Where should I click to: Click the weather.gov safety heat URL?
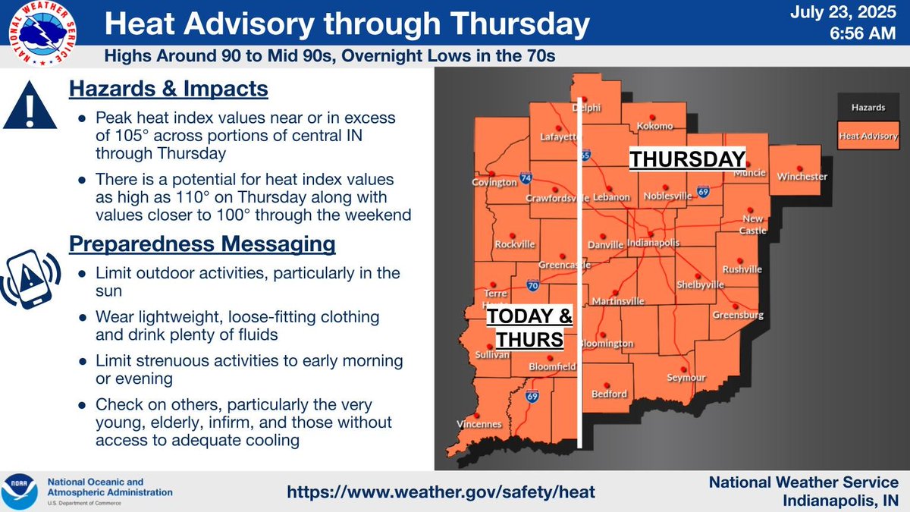point(441,492)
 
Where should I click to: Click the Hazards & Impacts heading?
point(168,90)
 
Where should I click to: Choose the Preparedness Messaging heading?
point(202,244)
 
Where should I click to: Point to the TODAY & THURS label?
point(529,328)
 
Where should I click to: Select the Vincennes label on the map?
point(479,424)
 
